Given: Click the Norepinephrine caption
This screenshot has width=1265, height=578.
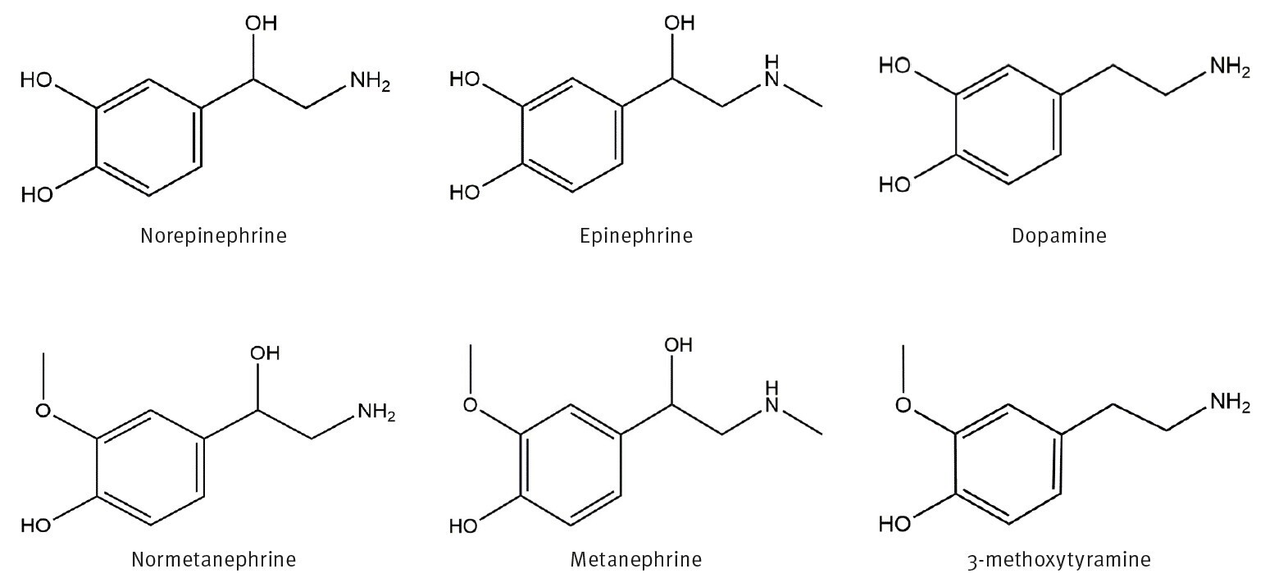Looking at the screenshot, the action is tap(213, 236).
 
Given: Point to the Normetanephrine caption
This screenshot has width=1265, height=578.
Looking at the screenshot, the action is tap(213, 561).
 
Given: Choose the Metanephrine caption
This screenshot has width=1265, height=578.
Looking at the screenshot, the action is tap(636, 561).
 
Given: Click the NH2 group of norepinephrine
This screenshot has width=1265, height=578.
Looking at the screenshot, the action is tap(370, 81).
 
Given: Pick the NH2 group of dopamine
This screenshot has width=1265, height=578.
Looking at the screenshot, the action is tap(1229, 67).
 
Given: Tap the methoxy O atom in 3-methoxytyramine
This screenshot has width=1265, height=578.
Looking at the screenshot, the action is tap(903, 404).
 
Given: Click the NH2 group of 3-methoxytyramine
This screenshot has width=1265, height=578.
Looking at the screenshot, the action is tap(1229, 405).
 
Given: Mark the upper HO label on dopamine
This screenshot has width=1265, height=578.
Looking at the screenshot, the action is tap(894, 66).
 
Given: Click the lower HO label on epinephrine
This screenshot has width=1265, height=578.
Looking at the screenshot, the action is tap(464, 193).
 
